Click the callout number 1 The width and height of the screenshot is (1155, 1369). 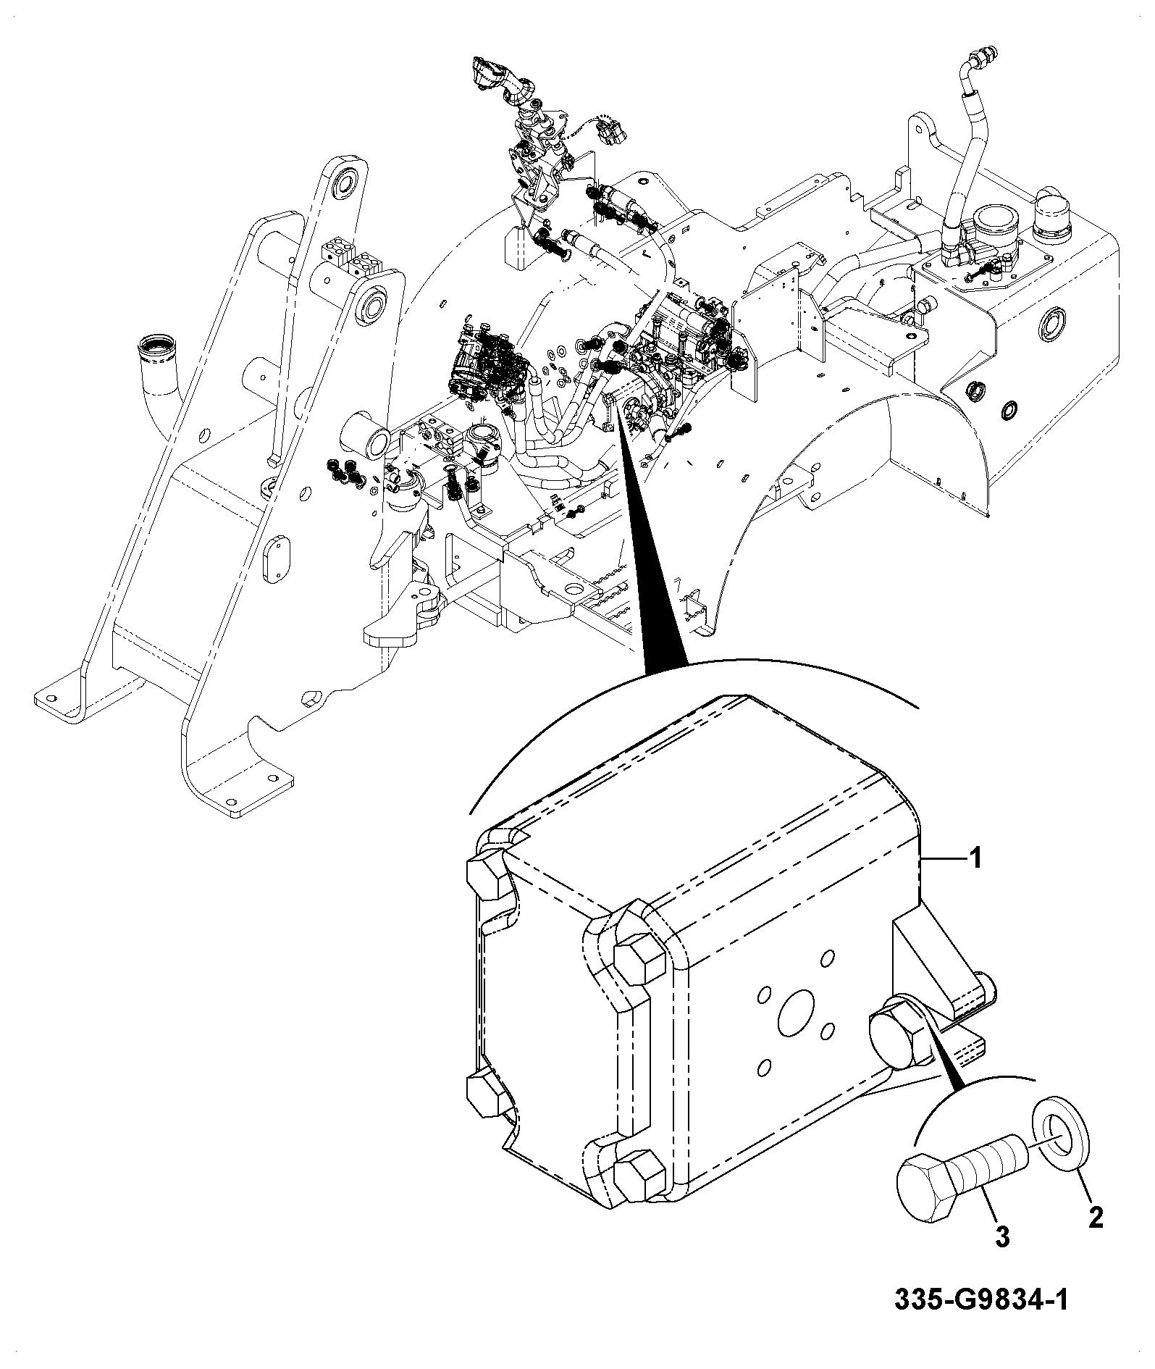click(x=975, y=859)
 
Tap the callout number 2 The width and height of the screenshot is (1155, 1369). click(x=1096, y=1218)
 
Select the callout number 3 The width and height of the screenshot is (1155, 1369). click(x=1002, y=1238)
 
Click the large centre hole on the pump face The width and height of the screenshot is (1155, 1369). click(x=797, y=1014)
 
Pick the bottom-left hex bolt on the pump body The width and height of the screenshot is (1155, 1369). click(x=486, y=1100)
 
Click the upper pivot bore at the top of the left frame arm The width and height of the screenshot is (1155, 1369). click(x=345, y=183)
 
